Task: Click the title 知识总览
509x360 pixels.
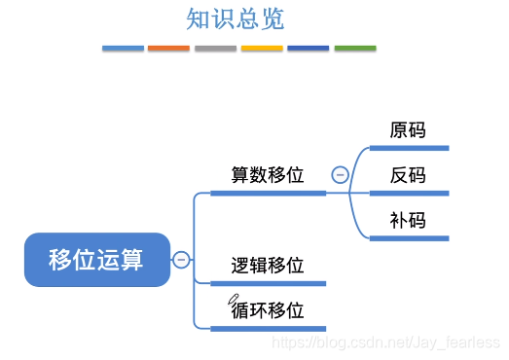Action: (x=235, y=19)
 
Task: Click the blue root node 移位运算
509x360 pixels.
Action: (x=96, y=260)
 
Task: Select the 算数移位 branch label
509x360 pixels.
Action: (x=268, y=175)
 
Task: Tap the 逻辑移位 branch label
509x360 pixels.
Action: (x=268, y=266)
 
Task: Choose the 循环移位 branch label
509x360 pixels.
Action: (x=268, y=310)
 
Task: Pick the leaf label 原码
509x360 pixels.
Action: (x=408, y=130)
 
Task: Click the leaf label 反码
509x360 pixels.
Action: (x=408, y=175)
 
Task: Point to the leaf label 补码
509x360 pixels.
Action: (x=408, y=220)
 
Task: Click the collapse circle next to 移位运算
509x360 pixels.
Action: (x=181, y=260)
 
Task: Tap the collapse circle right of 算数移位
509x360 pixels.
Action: (x=340, y=175)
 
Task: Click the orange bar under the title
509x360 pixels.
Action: (x=168, y=48)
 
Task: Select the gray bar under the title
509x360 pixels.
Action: (x=215, y=48)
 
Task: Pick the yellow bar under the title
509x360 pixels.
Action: (x=262, y=48)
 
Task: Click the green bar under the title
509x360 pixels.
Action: (x=355, y=48)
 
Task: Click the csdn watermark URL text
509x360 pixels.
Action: (x=386, y=343)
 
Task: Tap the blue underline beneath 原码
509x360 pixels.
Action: (x=409, y=148)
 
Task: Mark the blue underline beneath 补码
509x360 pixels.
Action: (x=409, y=237)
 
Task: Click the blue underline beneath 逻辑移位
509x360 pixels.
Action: (x=268, y=283)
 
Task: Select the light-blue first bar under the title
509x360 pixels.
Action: (x=123, y=48)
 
